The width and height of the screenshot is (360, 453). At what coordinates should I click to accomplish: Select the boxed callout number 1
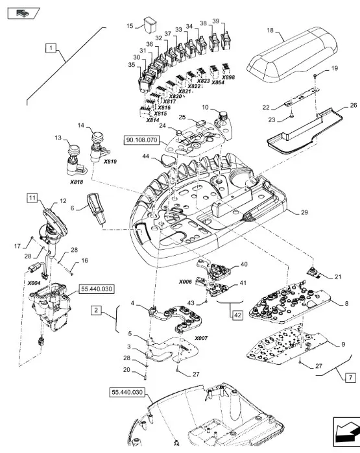click(51, 47)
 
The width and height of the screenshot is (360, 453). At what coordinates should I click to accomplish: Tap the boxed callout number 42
click(237, 315)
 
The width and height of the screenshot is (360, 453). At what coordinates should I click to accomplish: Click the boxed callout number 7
click(350, 378)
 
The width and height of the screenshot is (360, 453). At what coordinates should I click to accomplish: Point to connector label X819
click(110, 162)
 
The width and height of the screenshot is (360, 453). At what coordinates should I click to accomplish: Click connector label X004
click(34, 283)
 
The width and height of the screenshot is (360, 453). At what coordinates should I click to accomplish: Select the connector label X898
click(228, 77)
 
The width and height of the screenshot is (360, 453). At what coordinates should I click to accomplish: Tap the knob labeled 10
click(223, 116)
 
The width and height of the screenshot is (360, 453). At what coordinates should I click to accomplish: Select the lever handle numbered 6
click(95, 208)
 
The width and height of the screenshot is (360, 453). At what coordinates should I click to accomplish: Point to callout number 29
click(304, 212)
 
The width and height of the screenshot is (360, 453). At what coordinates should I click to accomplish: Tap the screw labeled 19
click(315, 76)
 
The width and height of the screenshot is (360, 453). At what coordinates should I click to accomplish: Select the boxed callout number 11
click(32, 198)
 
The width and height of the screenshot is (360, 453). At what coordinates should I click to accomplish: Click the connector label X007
click(201, 338)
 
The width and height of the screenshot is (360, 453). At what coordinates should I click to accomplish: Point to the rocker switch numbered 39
click(225, 42)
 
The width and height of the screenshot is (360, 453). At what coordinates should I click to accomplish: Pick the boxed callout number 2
click(96, 311)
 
